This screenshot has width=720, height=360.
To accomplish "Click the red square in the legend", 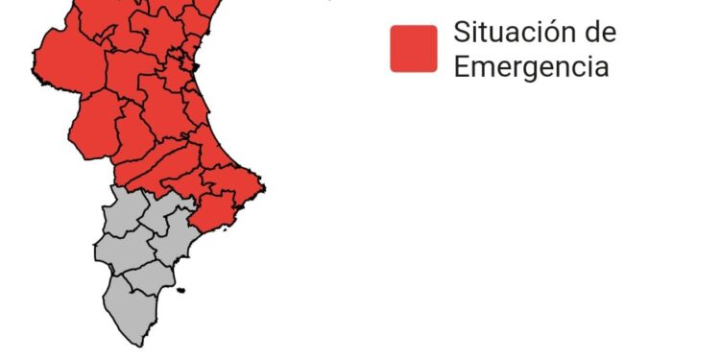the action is pyautogui.click(x=413, y=48).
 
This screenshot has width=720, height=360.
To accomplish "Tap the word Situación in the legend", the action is pyautogui.click(x=509, y=32).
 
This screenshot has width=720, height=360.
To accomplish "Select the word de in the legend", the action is pyautogui.click(x=599, y=32).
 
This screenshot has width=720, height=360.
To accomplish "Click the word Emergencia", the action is pyautogui.click(x=531, y=67).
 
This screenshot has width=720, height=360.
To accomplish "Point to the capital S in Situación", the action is pyautogui.click(x=461, y=32).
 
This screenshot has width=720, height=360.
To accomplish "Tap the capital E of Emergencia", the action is pyautogui.click(x=461, y=67).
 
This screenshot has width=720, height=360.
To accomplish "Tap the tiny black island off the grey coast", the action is pyautogui.click(x=180, y=290).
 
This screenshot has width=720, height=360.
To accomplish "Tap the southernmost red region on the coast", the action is pyautogui.click(x=213, y=213).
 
